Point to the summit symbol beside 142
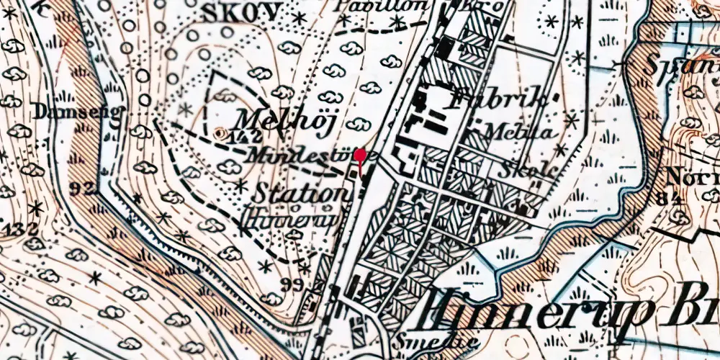[220, 132]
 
